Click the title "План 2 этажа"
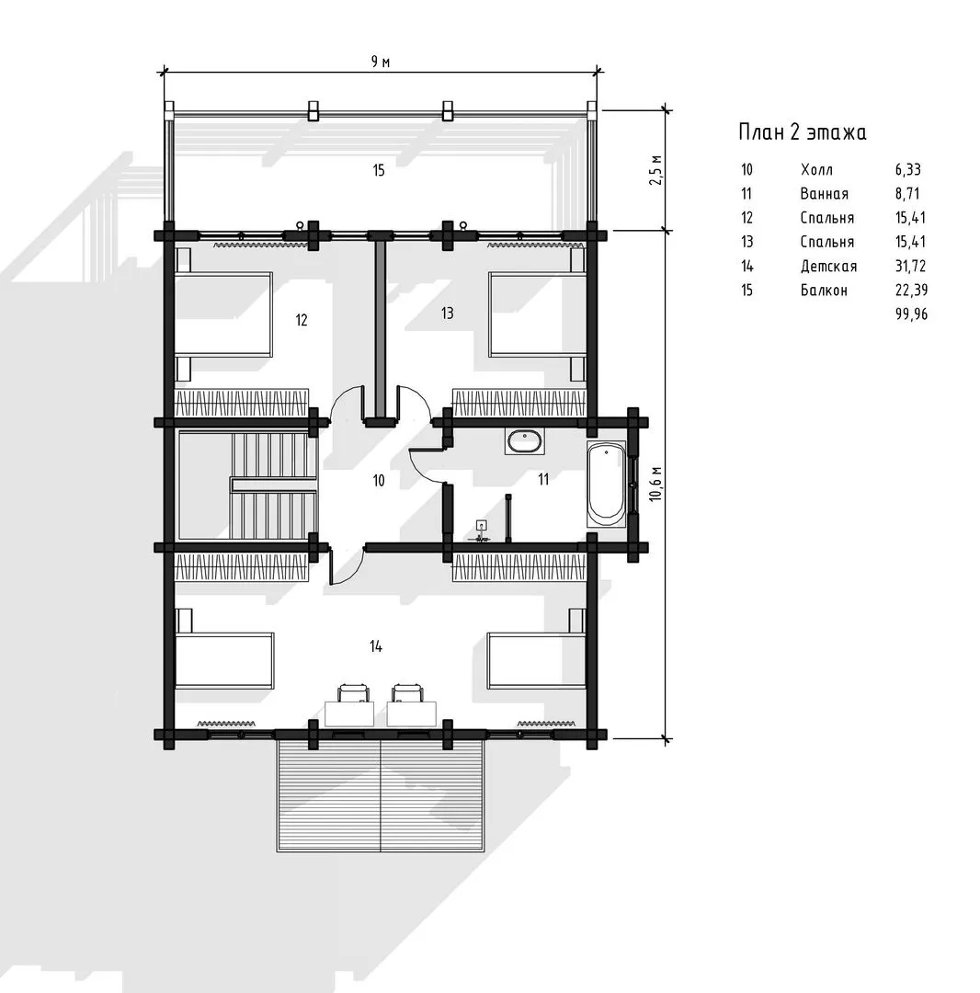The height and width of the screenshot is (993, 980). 802,132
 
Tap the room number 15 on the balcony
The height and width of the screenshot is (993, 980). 379,170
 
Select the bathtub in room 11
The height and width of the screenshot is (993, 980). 606,485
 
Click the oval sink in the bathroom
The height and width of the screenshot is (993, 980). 524,441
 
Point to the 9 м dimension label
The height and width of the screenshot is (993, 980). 381,62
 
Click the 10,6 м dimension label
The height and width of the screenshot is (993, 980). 655,484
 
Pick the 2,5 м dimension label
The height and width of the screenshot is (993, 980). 655,169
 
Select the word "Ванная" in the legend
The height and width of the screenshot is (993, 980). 825,194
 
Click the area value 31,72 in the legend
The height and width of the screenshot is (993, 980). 910,266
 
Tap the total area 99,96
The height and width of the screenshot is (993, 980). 912,314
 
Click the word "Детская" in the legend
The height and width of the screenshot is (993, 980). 828,266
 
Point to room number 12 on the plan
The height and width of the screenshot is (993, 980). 302,320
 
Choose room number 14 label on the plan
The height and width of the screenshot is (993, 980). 376,646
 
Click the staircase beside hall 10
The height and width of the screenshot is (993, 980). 247,485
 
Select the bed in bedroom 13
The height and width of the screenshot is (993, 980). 538,314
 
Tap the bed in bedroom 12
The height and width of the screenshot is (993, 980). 223,314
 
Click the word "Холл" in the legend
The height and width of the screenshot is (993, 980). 816,170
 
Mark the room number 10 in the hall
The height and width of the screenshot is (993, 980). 379,481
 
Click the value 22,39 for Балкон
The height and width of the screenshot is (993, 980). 911,290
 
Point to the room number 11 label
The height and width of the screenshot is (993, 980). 543,479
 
